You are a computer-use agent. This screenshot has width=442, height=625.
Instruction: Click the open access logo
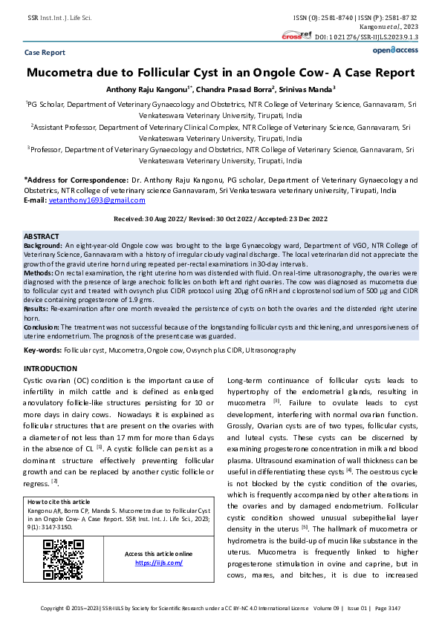coord(395,50)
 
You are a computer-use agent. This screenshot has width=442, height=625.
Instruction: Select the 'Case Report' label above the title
coord(45,53)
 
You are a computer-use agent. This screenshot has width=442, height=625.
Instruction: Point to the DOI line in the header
coord(367,36)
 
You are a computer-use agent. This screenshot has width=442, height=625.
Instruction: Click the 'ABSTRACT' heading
coord(42,235)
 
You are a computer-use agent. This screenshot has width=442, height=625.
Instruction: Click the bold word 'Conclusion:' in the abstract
coord(42,327)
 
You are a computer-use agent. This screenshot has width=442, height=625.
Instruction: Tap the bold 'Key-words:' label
coord(42,350)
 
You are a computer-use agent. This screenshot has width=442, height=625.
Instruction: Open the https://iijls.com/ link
coord(158,563)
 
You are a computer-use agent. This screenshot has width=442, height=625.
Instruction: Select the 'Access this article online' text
coord(158,554)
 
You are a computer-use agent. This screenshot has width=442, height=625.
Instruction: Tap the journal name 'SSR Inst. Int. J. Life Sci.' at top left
coord(59,16)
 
